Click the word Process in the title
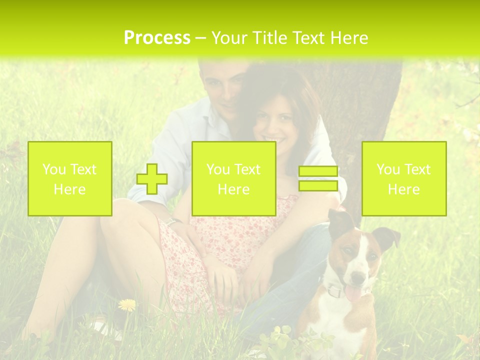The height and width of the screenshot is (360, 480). [157, 38]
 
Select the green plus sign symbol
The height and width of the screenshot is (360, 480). [152, 179]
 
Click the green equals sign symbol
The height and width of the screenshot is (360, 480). [318, 178]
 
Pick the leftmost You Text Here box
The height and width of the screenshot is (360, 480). [70, 179]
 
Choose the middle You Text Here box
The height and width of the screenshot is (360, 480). [234, 179]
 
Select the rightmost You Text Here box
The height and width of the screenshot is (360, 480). [404, 179]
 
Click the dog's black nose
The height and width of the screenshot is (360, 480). [358, 276]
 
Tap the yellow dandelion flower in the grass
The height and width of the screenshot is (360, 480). [127, 304]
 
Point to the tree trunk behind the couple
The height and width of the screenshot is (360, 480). [370, 110]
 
